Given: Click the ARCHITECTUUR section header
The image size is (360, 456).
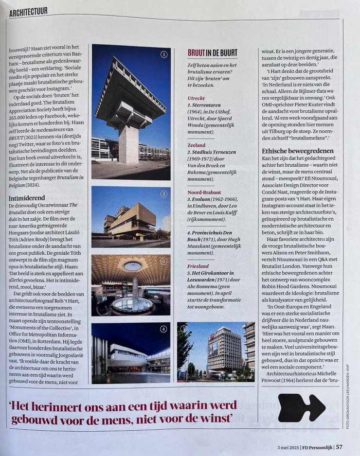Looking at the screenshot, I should (28, 11).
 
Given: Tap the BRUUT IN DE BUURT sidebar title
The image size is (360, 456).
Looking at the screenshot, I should (213, 53).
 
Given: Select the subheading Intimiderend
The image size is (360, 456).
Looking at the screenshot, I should (27, 198).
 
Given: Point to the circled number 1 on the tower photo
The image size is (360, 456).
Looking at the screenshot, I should (164, 54).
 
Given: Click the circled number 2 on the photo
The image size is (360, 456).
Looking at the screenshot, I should (164, 194).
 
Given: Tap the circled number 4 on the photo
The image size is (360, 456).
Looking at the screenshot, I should (164, 329).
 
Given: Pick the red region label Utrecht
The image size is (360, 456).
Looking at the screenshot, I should (196, 98).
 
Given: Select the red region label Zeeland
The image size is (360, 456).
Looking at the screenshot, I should (196, 145).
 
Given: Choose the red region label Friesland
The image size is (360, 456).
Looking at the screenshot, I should (198, 266).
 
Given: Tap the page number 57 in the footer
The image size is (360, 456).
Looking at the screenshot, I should (339, 447).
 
